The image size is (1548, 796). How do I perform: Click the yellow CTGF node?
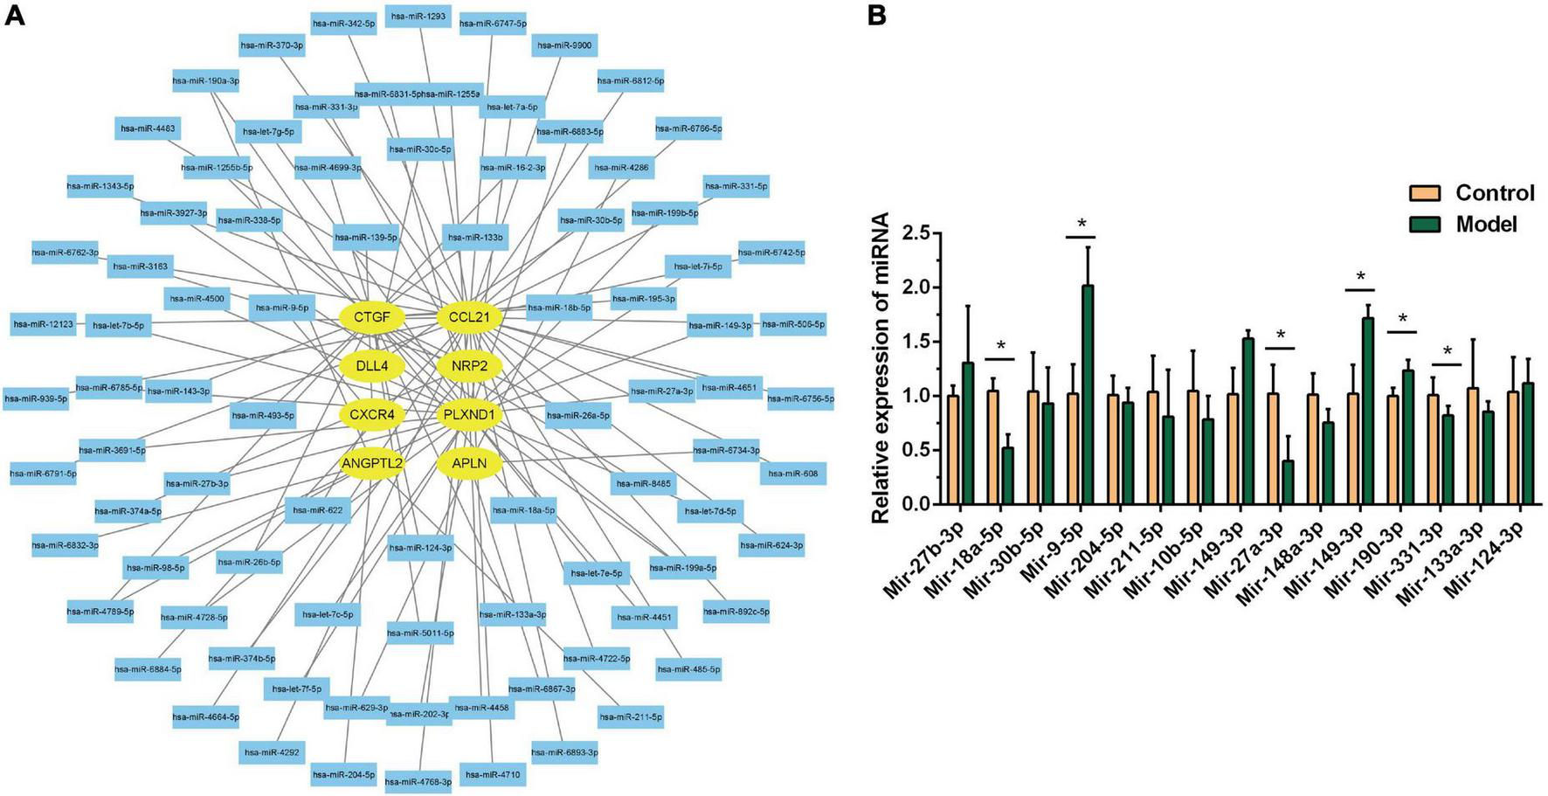coord(372,316)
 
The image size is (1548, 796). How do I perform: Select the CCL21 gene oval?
coord(469,316)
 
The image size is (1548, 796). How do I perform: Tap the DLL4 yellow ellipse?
coord(372,365)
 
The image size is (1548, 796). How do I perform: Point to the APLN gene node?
coord(469,462)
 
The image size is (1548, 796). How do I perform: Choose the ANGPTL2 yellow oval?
coord(372,462)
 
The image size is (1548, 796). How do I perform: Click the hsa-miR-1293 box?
coord(418,16)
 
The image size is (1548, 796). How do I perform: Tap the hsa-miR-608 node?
coord(792,473)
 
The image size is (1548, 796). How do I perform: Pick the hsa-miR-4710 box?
coord(493,774)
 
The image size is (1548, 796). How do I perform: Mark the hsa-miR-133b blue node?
coord(475,237)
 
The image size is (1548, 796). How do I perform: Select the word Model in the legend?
coord(1486,225)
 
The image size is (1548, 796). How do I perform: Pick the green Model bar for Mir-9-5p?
coord(1087,394)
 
